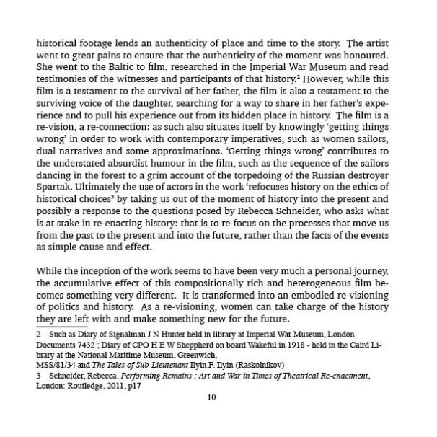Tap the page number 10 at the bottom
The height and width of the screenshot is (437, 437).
(211, 397)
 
